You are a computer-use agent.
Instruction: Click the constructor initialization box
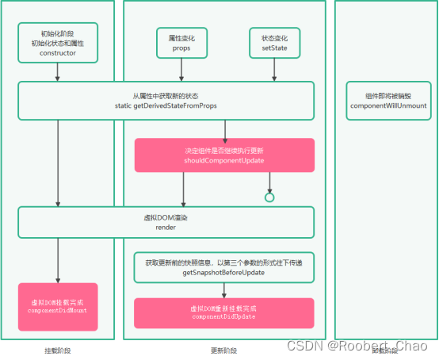click(57, 44)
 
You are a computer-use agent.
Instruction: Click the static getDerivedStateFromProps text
click(165, 105)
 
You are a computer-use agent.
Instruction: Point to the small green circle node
click(269, 197)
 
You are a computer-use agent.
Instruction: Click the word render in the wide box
click(166, 227)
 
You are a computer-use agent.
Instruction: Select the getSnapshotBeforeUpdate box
click(224, 267)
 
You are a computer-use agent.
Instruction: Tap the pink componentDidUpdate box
click(224, 312)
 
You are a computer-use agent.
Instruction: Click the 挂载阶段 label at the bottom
click(58, 350)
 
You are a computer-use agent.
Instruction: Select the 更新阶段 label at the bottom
click(224, 350)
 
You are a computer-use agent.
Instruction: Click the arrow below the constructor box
click(57, 72)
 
